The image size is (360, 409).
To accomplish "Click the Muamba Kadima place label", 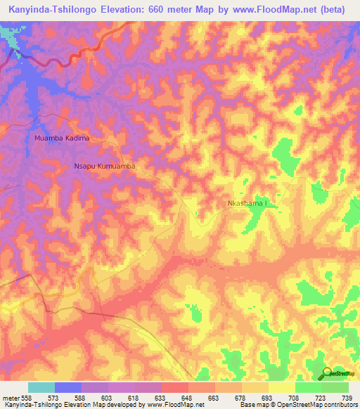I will tap(62, 138).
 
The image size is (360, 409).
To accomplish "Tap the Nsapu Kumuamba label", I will tap(104, 167).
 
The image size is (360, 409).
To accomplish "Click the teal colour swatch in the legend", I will tap(41, 387).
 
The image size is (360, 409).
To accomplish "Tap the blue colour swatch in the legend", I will tap(67, 387).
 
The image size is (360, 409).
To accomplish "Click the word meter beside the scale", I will tap(11, 396).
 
